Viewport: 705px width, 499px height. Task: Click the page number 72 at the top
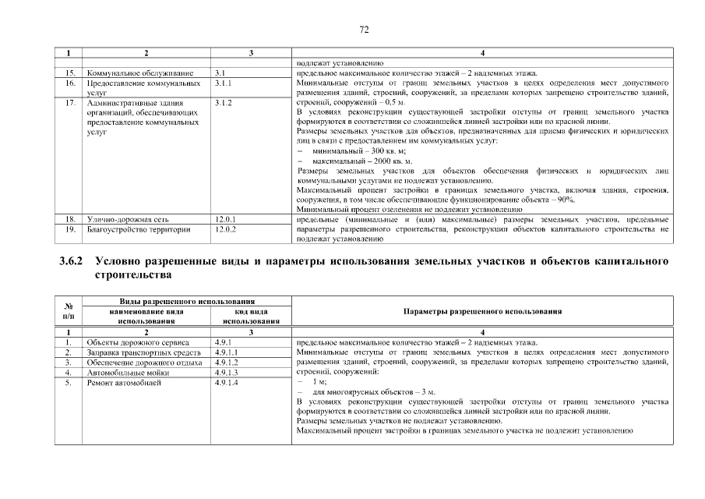click(x=363, y=30)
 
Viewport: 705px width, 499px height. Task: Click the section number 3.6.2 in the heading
click(x=74, y=262)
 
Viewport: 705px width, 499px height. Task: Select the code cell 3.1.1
click(x=224, y=82)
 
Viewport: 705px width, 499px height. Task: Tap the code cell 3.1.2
click(x=224, y=102)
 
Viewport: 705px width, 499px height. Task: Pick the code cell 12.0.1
click(x=225, y=220)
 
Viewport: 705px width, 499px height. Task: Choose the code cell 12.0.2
click(x=225, y=230)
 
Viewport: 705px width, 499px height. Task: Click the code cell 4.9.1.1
click(x=227, y=352)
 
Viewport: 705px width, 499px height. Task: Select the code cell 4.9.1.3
click(x=227, y=373)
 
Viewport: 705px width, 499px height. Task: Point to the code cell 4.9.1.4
click(x=227, y=383)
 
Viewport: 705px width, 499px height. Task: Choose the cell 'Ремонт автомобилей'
click(x=124, y=383)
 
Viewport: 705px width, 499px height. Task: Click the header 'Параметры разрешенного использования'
click(x=483, y=311)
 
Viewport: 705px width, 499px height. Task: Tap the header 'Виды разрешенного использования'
click(x=172, y=302)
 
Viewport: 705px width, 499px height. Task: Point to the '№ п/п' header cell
click(x=69, y=311)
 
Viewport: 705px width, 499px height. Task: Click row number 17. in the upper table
click(x=69, y=102)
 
